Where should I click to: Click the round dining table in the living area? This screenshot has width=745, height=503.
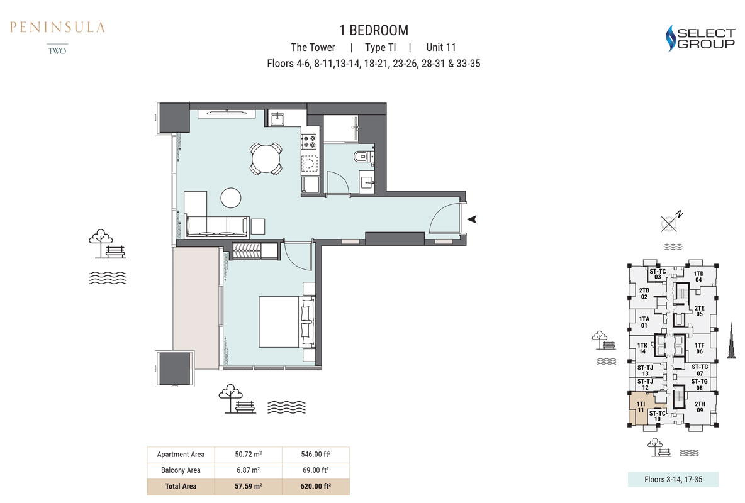pos(266,158)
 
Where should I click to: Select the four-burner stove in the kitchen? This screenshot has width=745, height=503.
pos(309,141)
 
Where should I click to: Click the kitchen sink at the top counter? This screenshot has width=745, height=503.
pos(277,119)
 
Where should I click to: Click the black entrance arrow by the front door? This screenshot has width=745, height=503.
pos(471,219)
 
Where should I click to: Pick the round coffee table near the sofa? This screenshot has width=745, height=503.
pos(231,197)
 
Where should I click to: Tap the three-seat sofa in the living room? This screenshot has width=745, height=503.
pos(216,226)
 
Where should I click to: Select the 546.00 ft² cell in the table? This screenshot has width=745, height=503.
pos(315,454)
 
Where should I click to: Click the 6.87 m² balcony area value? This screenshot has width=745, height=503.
pos(248,470)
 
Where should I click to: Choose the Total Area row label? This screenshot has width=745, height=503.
pos(181,486)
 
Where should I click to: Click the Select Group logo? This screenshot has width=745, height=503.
pos(700,38)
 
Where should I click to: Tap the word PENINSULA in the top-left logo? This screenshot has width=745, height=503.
pos(57,27)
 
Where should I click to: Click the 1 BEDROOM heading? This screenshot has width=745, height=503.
pos(374,30)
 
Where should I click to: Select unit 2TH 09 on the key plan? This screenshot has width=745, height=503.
pos(700,407)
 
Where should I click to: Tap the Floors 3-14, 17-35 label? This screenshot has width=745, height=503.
pos(673,479)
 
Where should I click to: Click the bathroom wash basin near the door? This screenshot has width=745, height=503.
pos(367,182)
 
